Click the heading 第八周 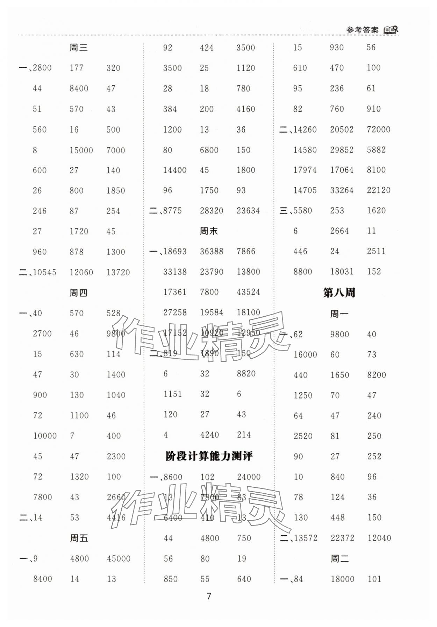(339, 293)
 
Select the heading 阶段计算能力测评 (209, 456)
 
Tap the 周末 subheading (209, 231)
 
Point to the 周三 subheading (78, 48)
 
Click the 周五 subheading (79, 538)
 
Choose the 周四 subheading (78, 293)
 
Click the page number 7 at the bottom (209, 596)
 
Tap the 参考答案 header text (362, 30)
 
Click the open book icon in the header (391, 30)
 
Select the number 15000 (81, 150)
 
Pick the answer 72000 (378, 129)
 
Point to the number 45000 (119, 559)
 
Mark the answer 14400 (174, 170)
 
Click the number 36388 (211, 252)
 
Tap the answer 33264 (342, 190)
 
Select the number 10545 (44, 272)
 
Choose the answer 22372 (342, 538)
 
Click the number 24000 (249, 477)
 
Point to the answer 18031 (342, 272)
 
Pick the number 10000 (45, 436)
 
